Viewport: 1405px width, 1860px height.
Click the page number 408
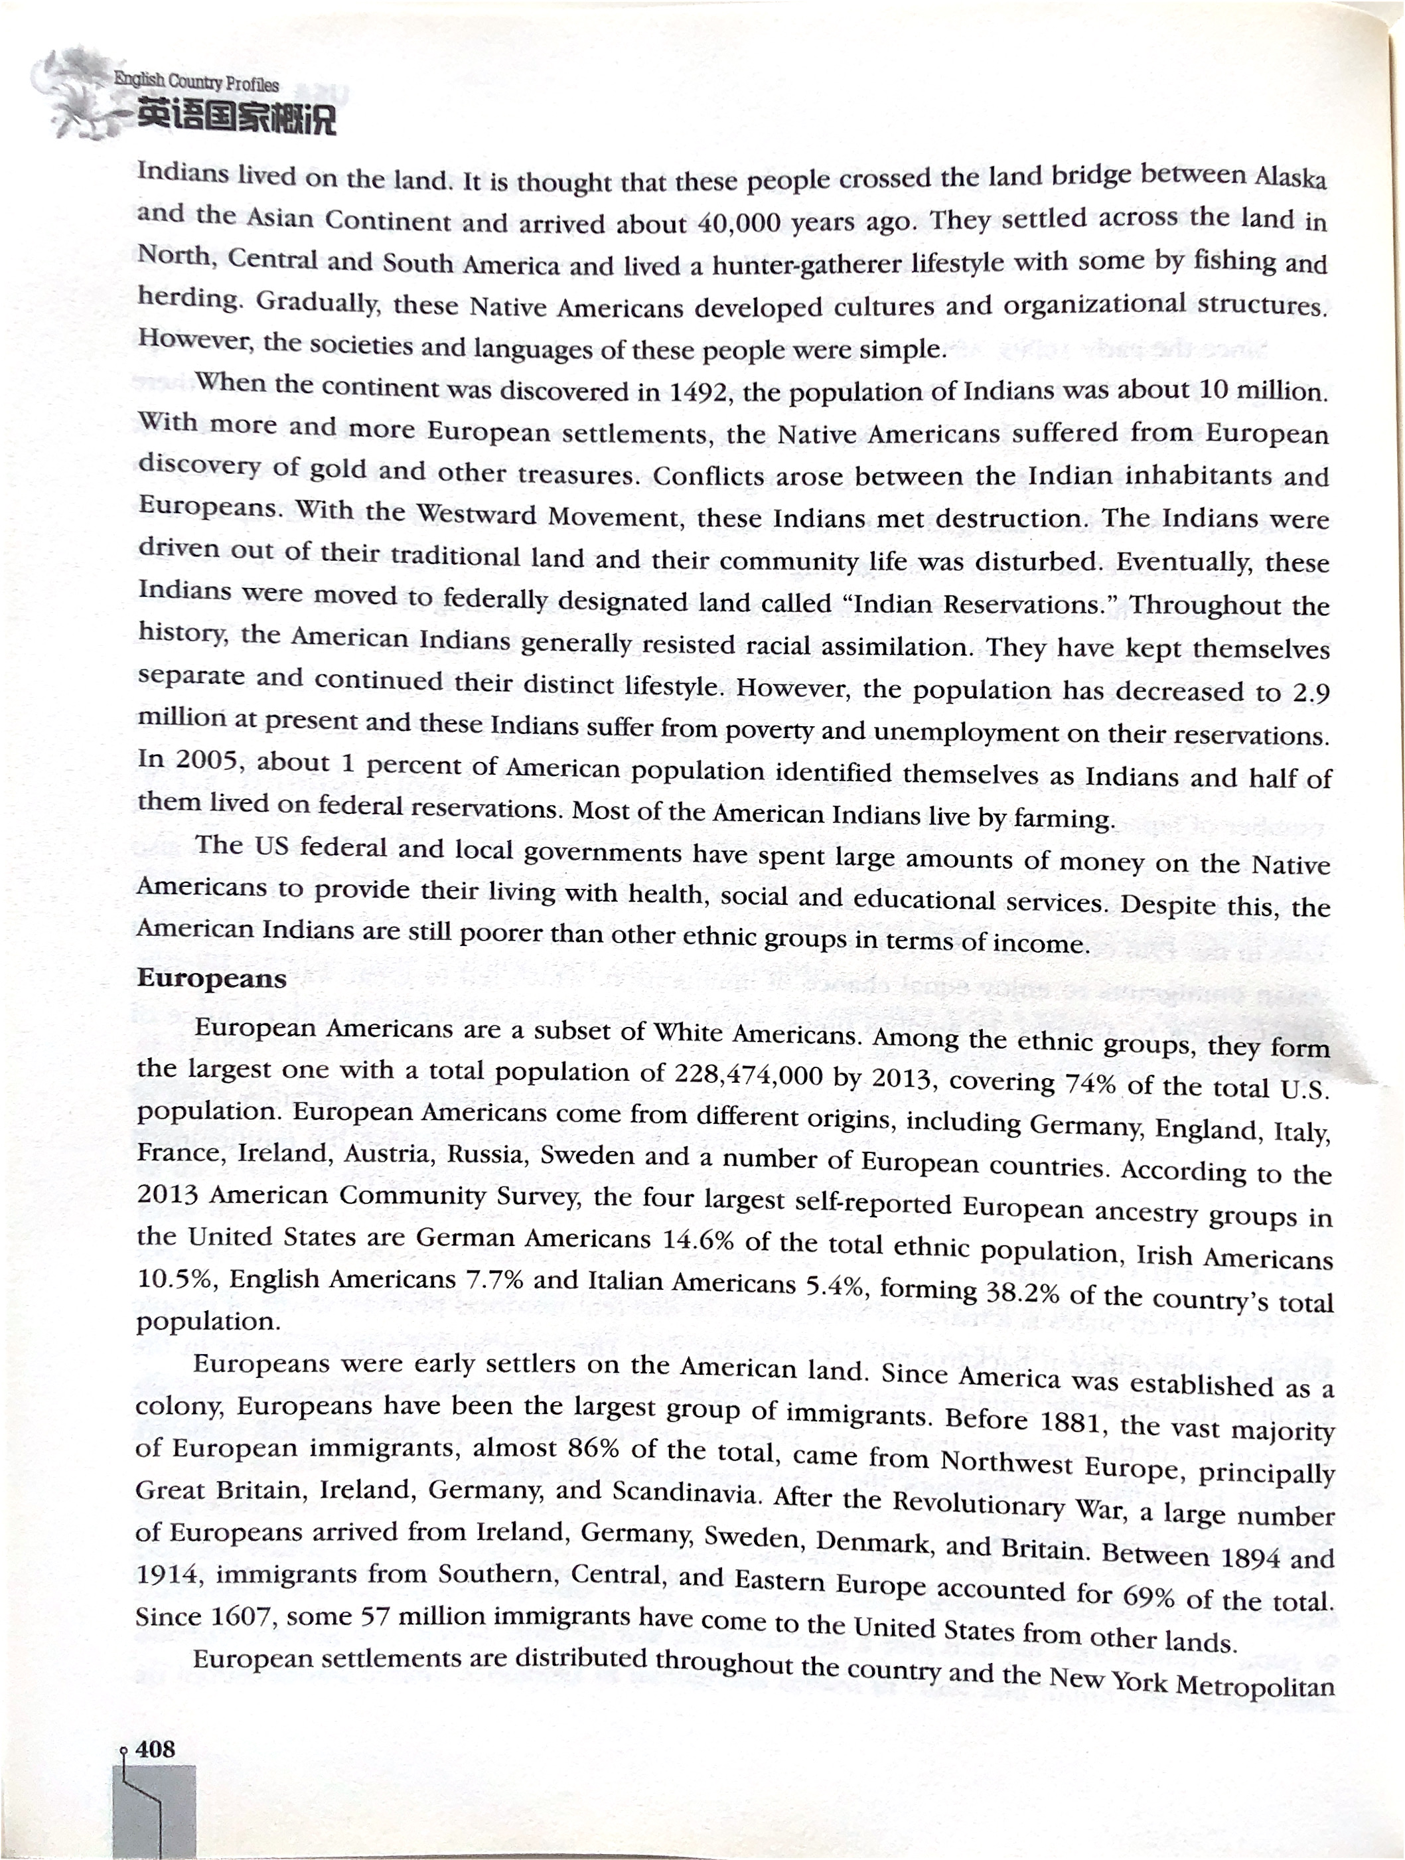pos(155,1750)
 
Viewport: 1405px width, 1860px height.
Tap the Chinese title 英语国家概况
pos(236,117)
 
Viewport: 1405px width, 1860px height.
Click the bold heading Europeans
pos(212,978)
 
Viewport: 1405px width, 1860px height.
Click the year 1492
pos(700,392)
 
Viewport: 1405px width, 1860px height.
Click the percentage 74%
pos(1090,1083)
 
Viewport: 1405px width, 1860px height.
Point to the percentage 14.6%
pos(698,1240)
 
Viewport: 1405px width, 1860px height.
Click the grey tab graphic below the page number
pos(155,1808)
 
